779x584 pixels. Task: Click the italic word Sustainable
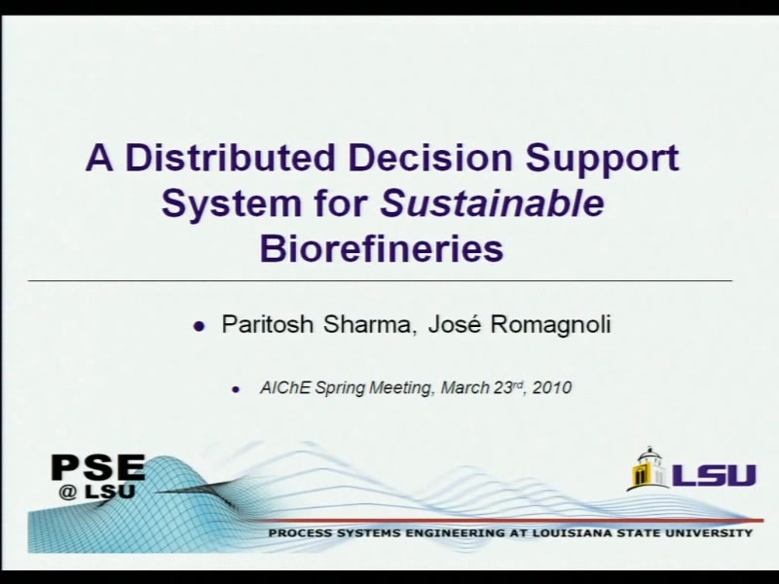point(493,202)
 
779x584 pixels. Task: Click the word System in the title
point(231,204)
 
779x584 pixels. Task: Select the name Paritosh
point(267,324)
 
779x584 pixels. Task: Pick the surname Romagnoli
point(551,325)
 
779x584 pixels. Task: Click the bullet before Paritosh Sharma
point(199,326)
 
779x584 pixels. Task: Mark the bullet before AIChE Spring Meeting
point(236,389)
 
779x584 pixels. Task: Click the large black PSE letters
point(98,467)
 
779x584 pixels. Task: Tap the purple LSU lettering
point(714,475)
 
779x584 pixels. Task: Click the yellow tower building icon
point(648,468)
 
